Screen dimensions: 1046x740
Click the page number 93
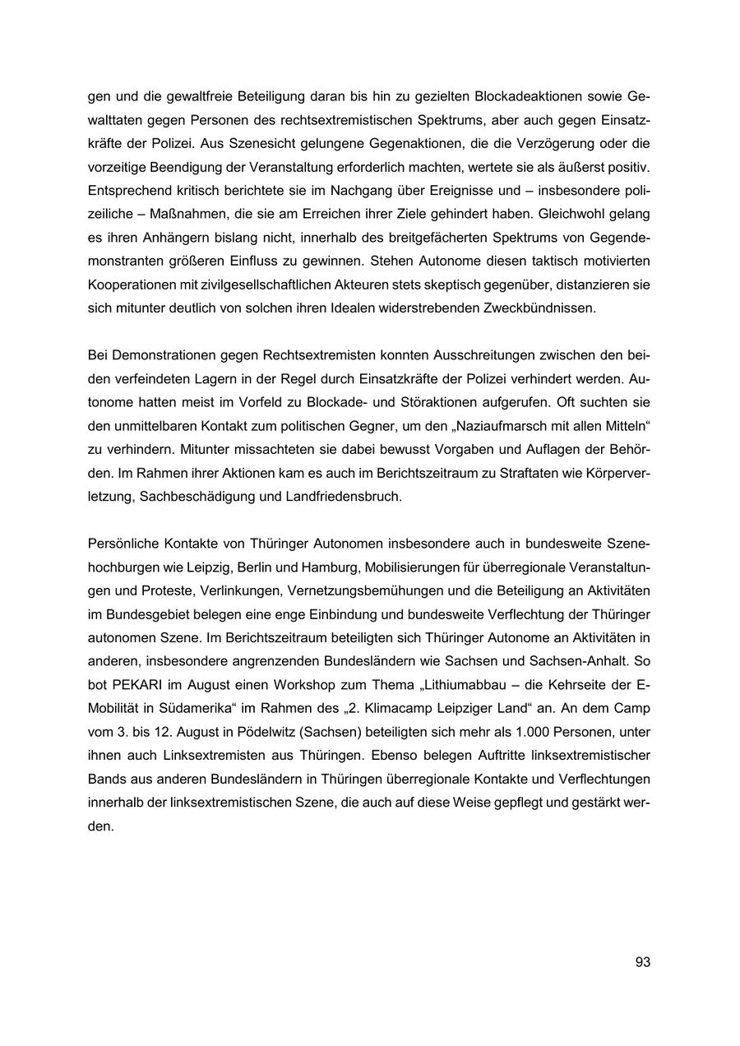click(x=642, y=961)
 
